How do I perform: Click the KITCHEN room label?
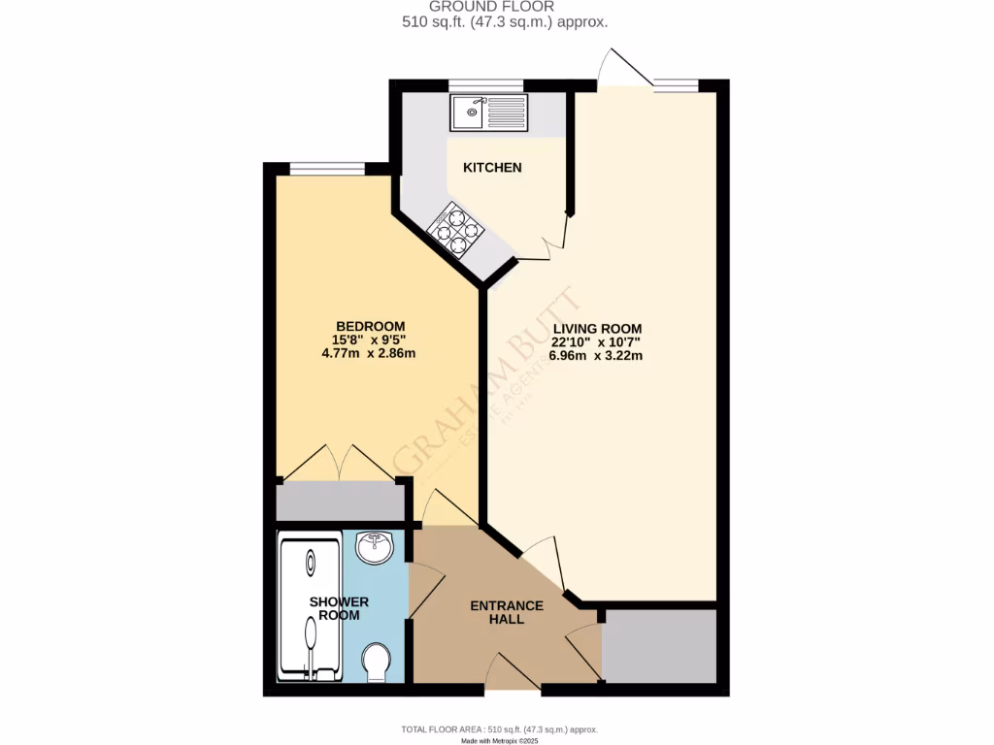click(x=492, y=168)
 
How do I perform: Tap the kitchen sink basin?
click(x=468, y=113)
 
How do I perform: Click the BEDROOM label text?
click(x=370, y=326)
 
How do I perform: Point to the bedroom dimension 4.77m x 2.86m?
click(x=370, y=353)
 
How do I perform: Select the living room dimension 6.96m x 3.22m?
click(x=595, y=355)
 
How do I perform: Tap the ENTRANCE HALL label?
click(x=507, y=613)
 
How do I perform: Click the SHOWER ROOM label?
click(x=339, y=608)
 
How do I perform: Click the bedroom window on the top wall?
click(x=327, y=169)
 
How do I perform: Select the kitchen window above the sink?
click(x=486, y=85)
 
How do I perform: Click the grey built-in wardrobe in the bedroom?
click(x=340, y=502)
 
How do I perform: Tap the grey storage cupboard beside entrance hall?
click(x=659, y=646)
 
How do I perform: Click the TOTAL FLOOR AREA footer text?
click(x=499, y=729)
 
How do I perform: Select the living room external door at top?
click(x=621, y=70)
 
